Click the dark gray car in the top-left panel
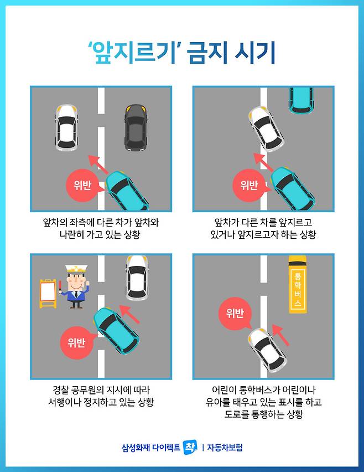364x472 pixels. click(x=136, y=127)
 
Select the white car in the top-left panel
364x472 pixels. click(x=66, y=127)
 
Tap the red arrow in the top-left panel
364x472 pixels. click(x=98, y=165)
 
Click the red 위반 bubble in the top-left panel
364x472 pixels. click(x=82, y=185)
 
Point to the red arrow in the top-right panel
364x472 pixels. click(x=263, y=162)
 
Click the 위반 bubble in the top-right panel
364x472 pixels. click(x=249, y=185)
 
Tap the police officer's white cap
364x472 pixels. click(x=76, y=269)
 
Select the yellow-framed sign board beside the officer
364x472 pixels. click(x=48, y=294)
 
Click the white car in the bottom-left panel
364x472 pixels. click(x=137, y=278)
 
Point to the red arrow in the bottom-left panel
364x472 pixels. click(x=130, y=314)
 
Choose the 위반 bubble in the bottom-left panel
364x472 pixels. click(x=77, y=342)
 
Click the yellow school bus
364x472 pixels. click(x=298, y=284)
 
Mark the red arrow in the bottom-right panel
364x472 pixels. click(x=280, y=335)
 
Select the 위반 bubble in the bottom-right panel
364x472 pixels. click(x=235, y=314)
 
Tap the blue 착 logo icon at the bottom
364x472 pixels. click(x=190, y=447)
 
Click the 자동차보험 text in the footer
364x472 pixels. click(x=225, y=447)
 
